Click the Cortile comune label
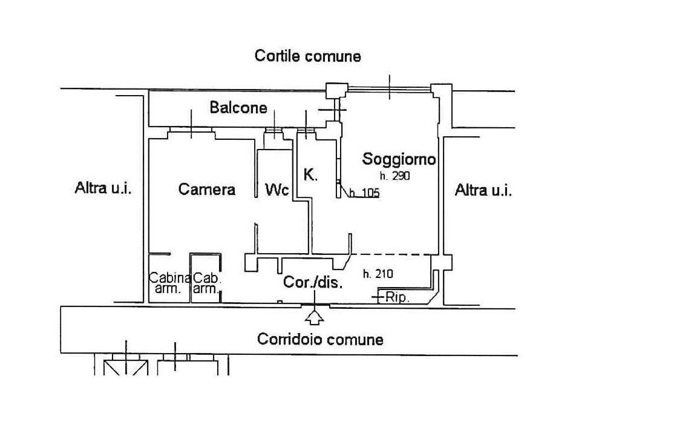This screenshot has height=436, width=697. coord(307,56)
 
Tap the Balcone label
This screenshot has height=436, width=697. coord(238,107)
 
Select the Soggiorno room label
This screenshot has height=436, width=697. coord(399,159)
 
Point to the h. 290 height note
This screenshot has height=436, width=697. coord(394,176)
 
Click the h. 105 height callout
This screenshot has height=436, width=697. coord(364,193)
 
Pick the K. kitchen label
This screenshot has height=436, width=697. coord(310,174)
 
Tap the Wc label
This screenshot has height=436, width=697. coord(277,190)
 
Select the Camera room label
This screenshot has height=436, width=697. coord(207,189)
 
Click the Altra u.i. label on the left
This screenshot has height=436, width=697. coord(103,188)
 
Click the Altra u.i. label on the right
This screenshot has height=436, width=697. coord(483,190)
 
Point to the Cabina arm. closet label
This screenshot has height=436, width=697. coord(169,283)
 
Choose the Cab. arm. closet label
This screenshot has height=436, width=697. coord(207,283)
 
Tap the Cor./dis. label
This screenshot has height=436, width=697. coord(313,282)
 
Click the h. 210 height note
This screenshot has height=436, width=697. coord(378,274)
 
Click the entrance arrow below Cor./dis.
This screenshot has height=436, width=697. coord(315,316)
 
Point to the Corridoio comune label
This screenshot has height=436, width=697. coord(320,340)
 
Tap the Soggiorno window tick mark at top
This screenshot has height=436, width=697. coord(390,87)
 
